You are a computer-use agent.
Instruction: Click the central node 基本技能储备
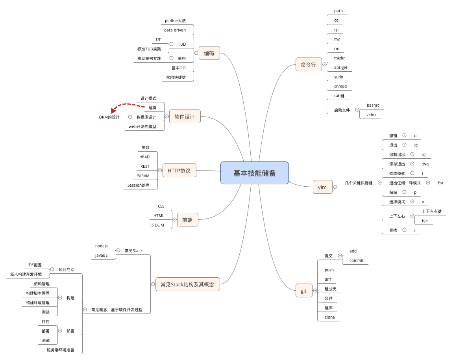(x=254, y=173)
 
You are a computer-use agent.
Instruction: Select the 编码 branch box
(x=209, y=53)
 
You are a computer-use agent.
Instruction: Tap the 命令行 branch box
(x=308, y=65)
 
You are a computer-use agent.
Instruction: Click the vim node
(x=322, y=187)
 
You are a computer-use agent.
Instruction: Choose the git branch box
(x=303, y=291)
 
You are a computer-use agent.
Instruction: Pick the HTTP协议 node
(x=179, y=171)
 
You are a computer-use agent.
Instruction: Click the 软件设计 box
(x=185, y=117)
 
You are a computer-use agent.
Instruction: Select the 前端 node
(x=187, y=220)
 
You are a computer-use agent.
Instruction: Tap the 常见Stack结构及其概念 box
(x=187, y=284)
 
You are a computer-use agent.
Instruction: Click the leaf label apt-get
(x=340, y=68)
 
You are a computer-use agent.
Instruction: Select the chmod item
(x=340, y=86)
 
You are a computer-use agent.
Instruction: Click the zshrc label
(x=372, y=115)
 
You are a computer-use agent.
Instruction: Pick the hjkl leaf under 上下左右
(x=425, y=221)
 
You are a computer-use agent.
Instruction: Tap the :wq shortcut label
(x=425, y=164)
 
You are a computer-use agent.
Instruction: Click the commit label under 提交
(x=356, y=260)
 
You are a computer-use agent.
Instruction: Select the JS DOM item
(x=157, y=225)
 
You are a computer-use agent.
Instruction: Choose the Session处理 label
(x=139, y=185)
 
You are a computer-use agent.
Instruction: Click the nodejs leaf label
(x=102, y=246)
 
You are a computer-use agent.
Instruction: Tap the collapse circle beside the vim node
(x=335, y=187)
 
